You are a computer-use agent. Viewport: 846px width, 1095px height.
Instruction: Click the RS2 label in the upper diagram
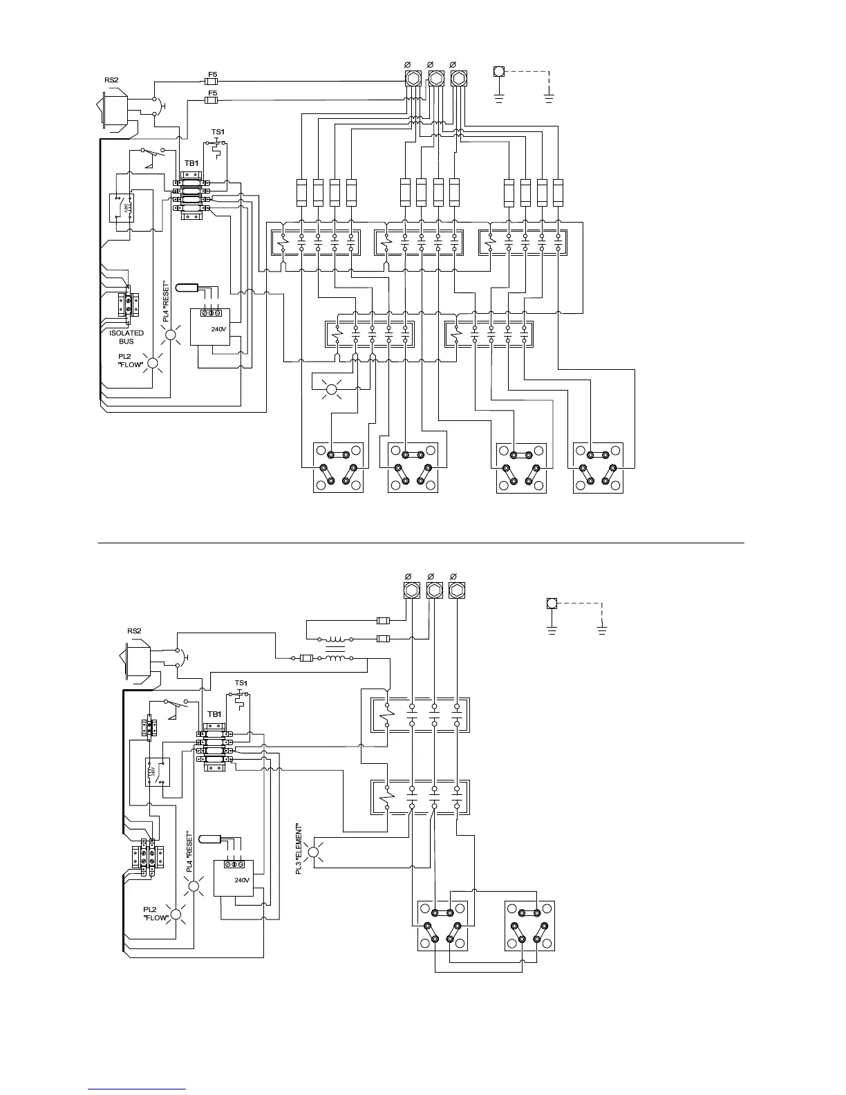(x=111, y=80)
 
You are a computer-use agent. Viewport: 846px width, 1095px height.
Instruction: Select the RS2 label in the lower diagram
(x=134, y=630)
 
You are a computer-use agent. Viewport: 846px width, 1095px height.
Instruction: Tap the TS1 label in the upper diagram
(x=218, y=132)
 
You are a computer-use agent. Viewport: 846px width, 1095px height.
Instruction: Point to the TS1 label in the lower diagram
(x=241, y=683)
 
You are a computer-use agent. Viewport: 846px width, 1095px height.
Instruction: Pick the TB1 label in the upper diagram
(x=191, y=164)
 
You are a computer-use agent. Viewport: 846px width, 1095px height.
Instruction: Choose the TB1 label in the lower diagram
(x=214, y=714)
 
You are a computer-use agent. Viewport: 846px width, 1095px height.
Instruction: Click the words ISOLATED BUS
(x=126, y=337)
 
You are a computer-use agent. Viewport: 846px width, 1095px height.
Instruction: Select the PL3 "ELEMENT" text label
(x=299, y=848)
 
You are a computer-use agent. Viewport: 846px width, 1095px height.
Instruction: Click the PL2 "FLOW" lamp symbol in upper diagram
(x=153, y=364)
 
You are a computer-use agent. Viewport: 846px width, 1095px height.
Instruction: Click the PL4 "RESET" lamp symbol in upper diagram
(x=170, y=335)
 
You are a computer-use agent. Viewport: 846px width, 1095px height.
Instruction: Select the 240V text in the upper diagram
(x=218, y=329)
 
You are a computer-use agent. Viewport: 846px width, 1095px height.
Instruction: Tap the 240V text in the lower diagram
(x=241, y=880)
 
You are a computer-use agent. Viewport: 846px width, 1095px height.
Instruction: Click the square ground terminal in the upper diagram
(x=499, y=71)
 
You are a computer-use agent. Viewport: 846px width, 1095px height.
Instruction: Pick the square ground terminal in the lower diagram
(x=552, y=603)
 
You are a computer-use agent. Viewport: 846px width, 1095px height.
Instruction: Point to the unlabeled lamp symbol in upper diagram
(x=330, y=390)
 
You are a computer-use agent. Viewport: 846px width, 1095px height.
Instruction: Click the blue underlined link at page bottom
(x=137, y=1089)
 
